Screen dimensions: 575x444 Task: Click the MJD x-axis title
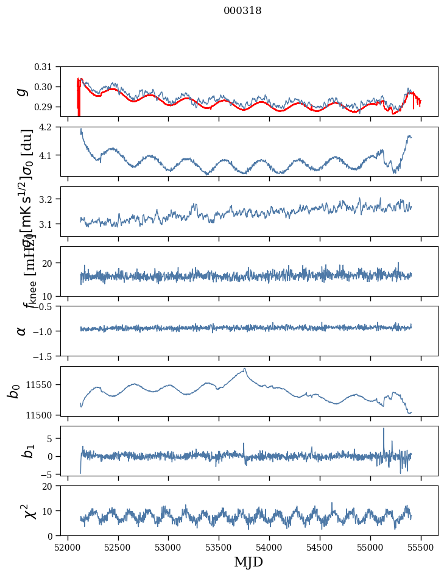coord(248,562)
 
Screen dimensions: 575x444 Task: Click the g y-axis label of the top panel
coord(22,91)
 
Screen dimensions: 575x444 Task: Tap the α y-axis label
coord(22,331)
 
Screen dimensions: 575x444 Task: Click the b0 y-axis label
coord(13,390)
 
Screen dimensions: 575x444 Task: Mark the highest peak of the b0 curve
coord(245,369)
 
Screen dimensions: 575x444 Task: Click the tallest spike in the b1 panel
coord(384,428)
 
